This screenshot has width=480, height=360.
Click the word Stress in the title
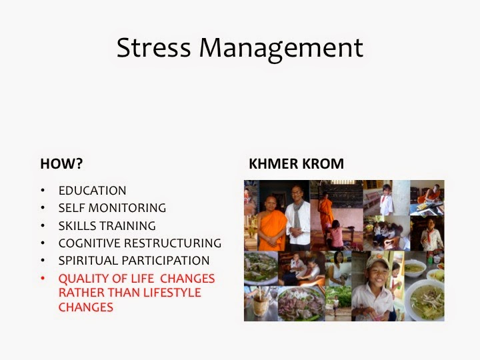pyautogui.click(x=154, y=47)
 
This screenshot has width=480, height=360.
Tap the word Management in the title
pyautogui.click(x=281, y=49)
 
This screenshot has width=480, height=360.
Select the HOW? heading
pyautogui.click(x=61, y=163)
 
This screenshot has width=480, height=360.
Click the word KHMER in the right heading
pyautogui.click(x=273, y=163)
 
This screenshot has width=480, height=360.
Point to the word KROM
pyautogui.click(x=323, y=163)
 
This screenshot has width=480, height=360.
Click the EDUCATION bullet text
pyautogui.click(x=92, y=191)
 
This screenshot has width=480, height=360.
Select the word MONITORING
pyautogui.click(x=127, y=208)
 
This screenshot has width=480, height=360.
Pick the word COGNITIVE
pyautogui.click(x=89, y=243)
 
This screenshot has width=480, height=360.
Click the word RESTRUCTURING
pyautogui.click(x=173, y=243)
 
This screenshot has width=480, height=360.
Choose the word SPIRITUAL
pyautogui.click(x=88, y=261)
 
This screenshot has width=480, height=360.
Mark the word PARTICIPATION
pyautogui.click(x=165, y=261)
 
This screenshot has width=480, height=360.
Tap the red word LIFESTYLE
pyautogui.click(x=172, y=293)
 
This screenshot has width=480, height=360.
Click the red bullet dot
pyautogui.click(x=43, y=278)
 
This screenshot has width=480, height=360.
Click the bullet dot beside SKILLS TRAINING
pyautogui.click(x=43, y=225)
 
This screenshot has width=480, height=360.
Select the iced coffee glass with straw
pyautogui.click(x=260, y=303)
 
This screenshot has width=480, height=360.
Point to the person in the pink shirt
pyautogui.click(x=335, y=234)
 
